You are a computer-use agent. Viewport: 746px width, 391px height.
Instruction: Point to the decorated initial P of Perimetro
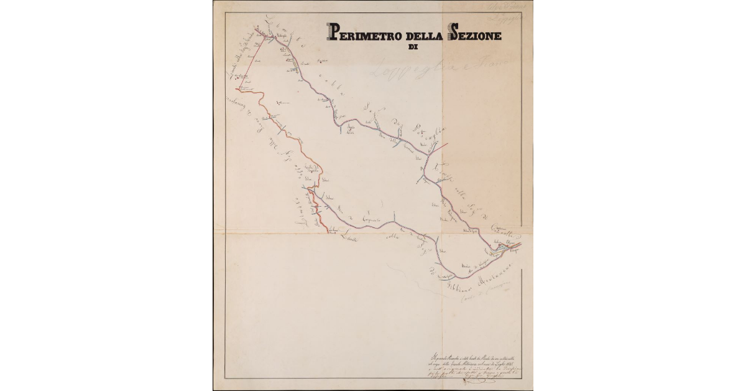coord(334,33)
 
